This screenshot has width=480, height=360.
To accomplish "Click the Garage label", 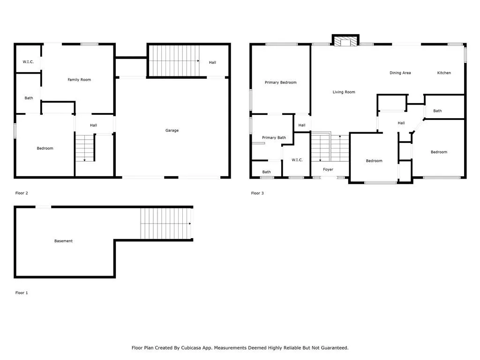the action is point(172,130).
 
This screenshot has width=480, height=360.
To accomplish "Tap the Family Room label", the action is point(79,80).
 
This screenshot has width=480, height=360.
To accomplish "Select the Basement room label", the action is point(63,241).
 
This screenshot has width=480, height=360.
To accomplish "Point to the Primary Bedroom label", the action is point(280,82).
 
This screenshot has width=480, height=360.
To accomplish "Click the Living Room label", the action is point(344,92).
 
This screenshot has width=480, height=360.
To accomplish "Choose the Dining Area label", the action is point(400,73).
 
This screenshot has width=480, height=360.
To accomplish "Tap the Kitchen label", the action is point(444,73).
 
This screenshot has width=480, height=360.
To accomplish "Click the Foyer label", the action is point(328,169).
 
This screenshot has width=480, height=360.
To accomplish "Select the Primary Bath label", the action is point(274,137).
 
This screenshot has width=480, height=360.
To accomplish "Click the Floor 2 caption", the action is point(22,193).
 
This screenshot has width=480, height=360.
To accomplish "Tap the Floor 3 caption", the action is point(257,193).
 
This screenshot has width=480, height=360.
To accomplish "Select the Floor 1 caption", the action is point(22,293).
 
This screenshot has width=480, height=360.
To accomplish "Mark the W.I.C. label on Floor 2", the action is point(28,62).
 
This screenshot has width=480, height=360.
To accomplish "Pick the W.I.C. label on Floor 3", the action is point(297,160).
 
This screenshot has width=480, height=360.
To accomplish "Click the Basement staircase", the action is point(166,224).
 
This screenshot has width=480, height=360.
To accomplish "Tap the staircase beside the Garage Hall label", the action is point(174,61).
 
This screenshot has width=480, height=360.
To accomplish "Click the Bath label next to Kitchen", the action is point(437,111).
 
